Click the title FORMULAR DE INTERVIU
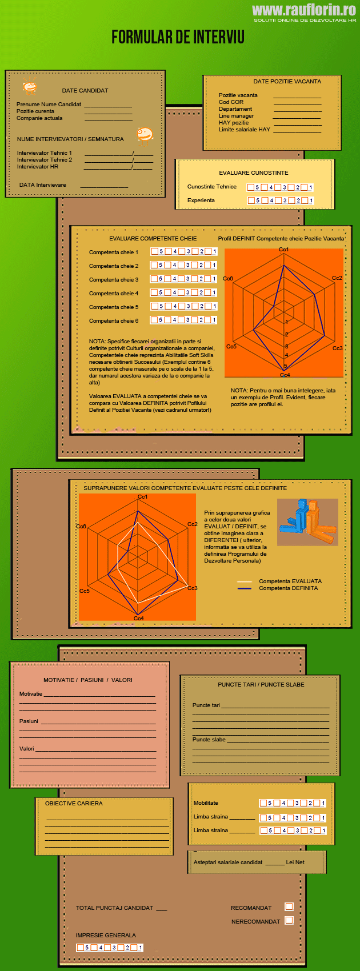pyautogui.click(x=178, y=37)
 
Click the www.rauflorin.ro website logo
pyautogui.click(x=304, y=12)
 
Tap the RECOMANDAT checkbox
pyautogui.click(x=289, y=906)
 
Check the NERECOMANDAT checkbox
pyautogui.click(x=289, y=920)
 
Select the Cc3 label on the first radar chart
pyautogui.click(x=338, y=348)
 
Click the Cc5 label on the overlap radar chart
pyautogui.click(x=84, y=591)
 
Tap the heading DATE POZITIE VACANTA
pyautogui.click(x=287, y=82)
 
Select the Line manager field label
pyautogui.click(x=237, y=116)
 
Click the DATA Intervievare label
pyautogui.click(x=42, y=184)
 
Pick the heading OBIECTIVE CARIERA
pyautogui.click(x=74, y=803)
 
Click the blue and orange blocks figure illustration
pyautogui.click(x=307, y=522)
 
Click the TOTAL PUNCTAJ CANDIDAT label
pyautogui.click(x=114, y=908)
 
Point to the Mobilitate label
pyautogui.click(x=206, y=803)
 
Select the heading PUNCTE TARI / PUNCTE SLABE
pyautogui.click(x=261, y=684)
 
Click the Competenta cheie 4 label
pyautogui.click(x=114, y=294)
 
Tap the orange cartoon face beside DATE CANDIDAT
pyautogui.click(x=30, y=87)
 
